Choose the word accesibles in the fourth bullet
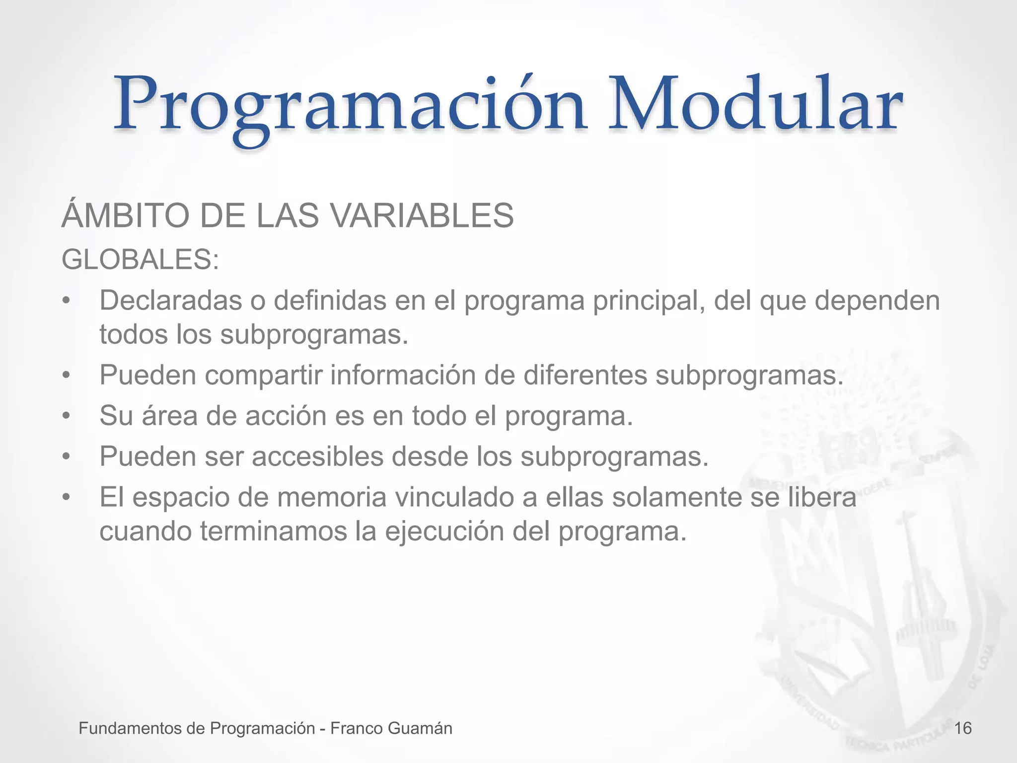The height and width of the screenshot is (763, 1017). tap(318, 457)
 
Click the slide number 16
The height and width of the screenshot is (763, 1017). tap(963, 728)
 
